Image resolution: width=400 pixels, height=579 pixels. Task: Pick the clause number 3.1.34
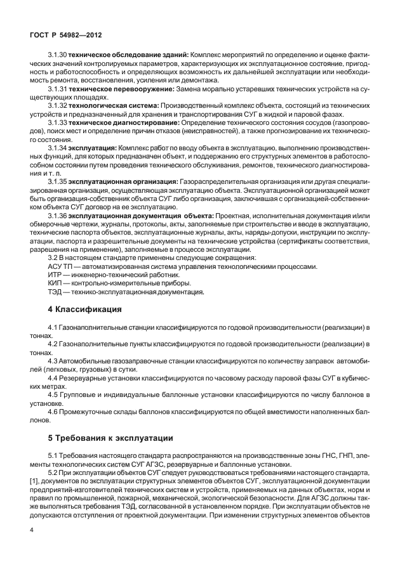[x=57, y=148]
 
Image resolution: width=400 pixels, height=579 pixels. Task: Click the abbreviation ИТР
[x=56, y=275]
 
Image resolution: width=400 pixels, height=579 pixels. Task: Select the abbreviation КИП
[x=56, y=283]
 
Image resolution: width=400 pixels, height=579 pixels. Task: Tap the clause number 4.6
[x=53, y=411]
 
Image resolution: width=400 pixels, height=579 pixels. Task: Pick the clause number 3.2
[x=54, y=258]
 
